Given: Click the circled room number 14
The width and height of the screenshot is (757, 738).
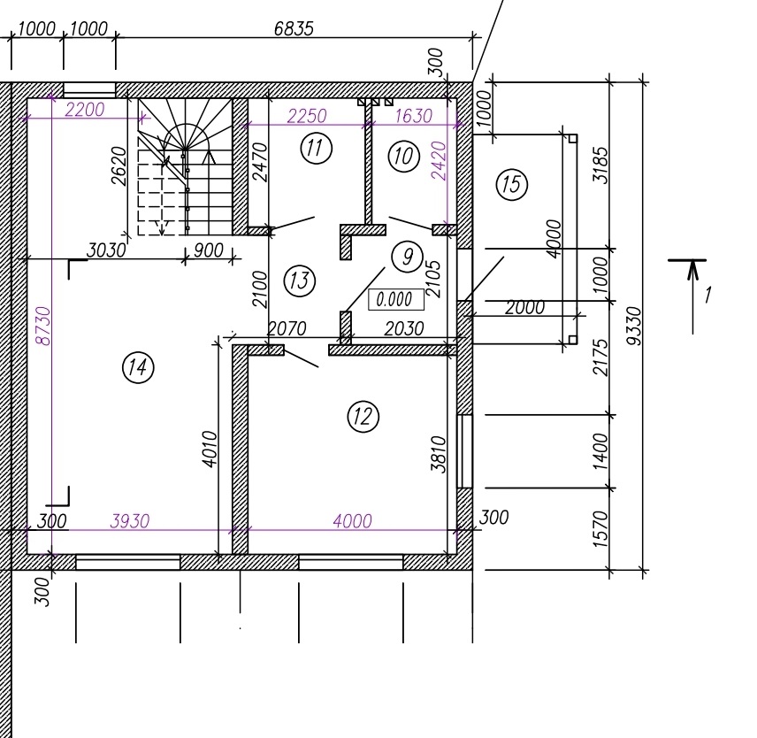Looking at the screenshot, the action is click(x=138, y=367).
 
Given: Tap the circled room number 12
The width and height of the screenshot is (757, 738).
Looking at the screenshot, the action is click(x=363, y=416).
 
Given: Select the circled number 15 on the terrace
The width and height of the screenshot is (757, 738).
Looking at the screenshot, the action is click(x=512, y=184).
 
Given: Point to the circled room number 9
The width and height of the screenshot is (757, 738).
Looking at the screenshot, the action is click(x=407, y=257).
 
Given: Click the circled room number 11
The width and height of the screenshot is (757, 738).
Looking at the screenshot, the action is click(x=317, y=148).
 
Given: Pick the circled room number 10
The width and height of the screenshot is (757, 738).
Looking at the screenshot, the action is click(x=403, y=156).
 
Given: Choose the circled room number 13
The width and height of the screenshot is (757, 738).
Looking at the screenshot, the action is click(x=299, y=281).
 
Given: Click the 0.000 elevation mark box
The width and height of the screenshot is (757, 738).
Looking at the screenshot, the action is click(x=396, y=299).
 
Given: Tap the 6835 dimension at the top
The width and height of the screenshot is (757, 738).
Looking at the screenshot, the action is click(x=294, y=29).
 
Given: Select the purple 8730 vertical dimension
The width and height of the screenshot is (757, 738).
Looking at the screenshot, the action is click(x=43, y=326).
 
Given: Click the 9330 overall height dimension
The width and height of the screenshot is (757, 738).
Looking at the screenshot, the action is click(x=634, y=326).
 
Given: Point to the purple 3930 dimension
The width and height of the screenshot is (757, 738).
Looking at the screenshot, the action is click(x=130, y=521).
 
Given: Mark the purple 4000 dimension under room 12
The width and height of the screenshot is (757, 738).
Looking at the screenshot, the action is click(x=353, y=521).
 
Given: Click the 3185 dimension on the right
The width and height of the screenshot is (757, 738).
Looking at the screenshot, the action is click(x=601, y=165).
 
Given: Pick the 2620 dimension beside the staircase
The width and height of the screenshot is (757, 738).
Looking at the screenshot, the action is click(x=119, y=166).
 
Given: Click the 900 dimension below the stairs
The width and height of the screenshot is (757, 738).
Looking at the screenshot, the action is click(x=209, y=250).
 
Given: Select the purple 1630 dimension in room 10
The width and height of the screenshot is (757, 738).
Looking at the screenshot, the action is click(x=413, y=116).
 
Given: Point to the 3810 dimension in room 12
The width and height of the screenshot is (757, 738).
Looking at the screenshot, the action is click(x=439, y=454).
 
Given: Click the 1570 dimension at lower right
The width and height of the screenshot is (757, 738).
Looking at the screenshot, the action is click(x=600, y=529).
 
